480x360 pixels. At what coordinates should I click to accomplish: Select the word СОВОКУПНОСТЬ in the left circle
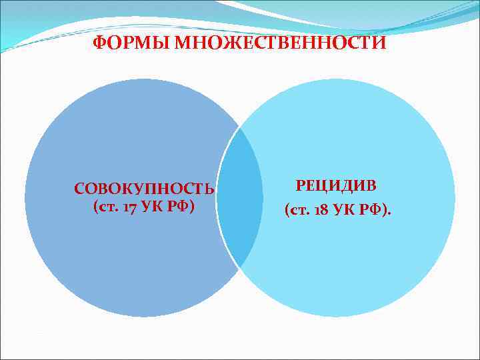coord(145,189)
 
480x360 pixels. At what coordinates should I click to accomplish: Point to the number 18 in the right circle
coord(325,211)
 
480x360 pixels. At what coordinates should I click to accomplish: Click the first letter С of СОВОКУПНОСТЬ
coord(79,190)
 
